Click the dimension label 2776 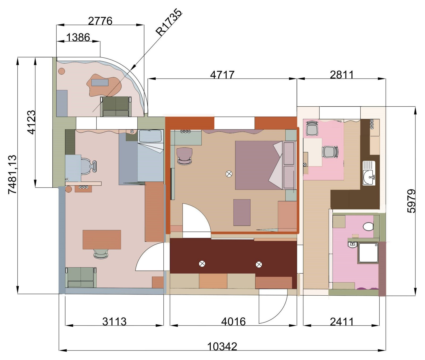100,21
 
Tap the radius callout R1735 169,22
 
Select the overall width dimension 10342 222,346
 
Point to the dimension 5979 411,201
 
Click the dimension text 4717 222,75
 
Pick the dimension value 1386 78,37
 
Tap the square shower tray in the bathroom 368,253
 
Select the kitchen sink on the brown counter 369,173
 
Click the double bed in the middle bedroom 265,165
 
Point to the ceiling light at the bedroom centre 229,174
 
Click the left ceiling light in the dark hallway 202,264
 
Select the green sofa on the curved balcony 116,106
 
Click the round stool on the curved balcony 62,71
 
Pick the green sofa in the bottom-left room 81,277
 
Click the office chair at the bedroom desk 184,156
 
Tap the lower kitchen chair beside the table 330,152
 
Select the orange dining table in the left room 102,240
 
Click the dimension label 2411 342,322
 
